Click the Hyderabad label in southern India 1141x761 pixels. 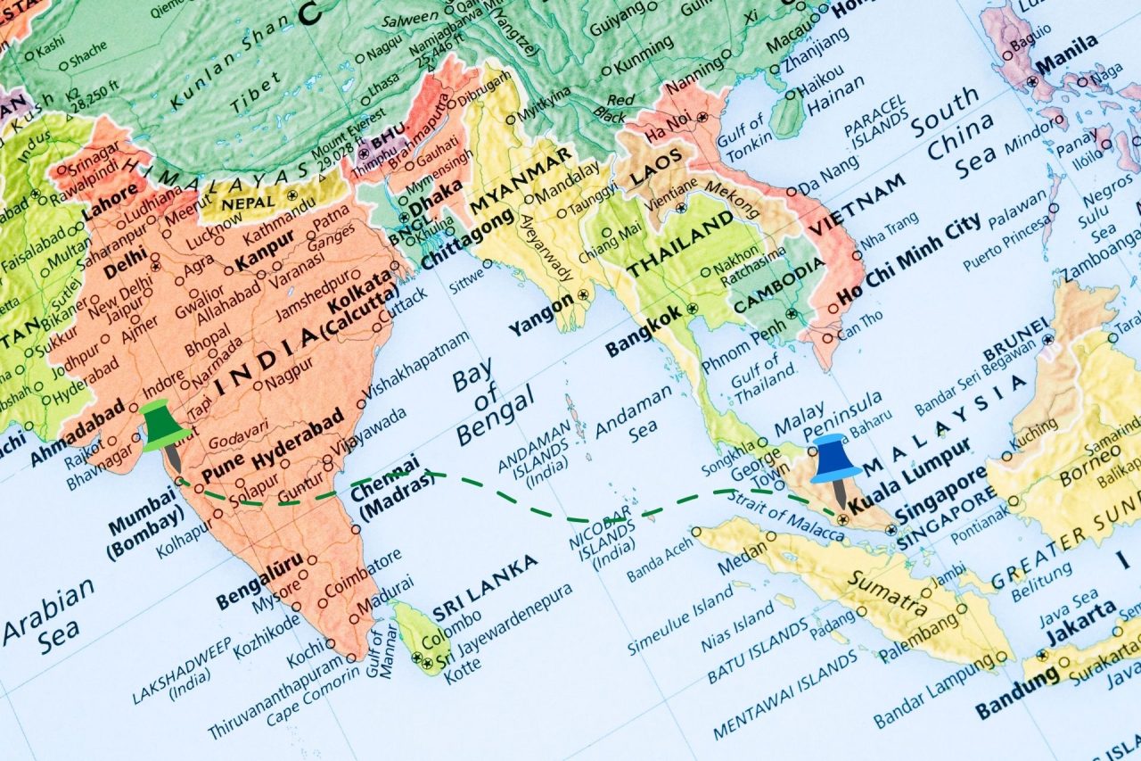(x=297, y=443)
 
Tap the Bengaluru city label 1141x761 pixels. (x=259, y=581)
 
